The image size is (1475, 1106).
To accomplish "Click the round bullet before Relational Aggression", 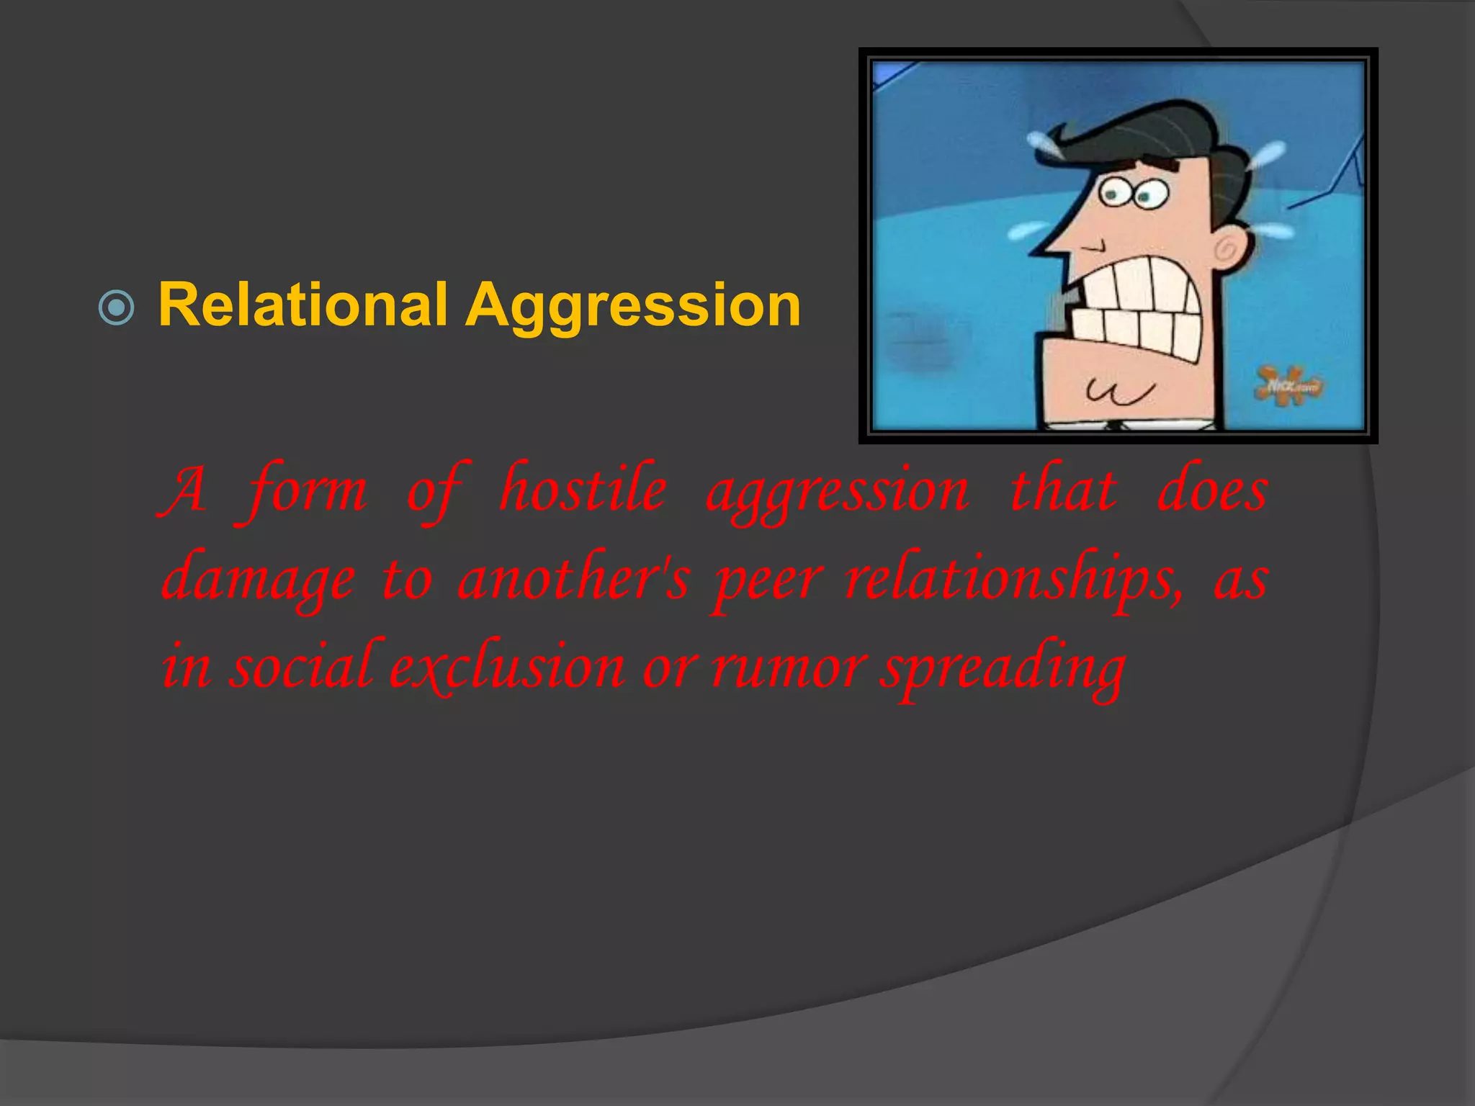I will pyautogui.click(x=116, y=308).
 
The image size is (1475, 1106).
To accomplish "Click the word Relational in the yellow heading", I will pyautogui.click(x=302, y=305).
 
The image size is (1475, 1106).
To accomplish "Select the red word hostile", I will pyautogui.click(x=583, y=490).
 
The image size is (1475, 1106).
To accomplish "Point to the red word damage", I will pyautogui.click(x=259, y=580).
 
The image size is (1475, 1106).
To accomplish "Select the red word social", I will pyautogui.click(x=301, y=666).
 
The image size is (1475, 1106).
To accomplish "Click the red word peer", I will pyautogui.click(x=767, y=582).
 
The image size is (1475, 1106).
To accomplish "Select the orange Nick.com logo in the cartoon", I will pyautogui.click(x=1290, y=385).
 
